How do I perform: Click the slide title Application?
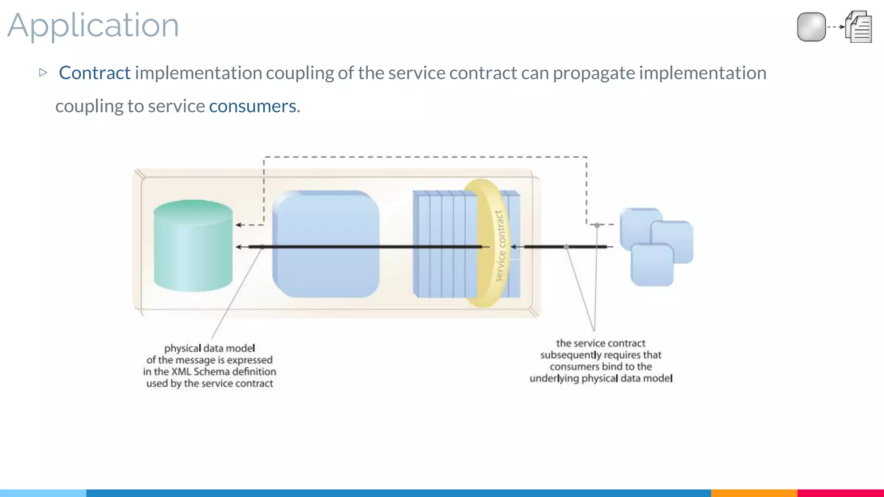[x=93, y=26]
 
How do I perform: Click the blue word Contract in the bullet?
[x=95, y=73]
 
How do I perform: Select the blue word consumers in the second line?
[x=253, y=106]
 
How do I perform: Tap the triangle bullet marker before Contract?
[x=43, y=72]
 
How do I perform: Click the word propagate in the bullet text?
[x=594, y=73]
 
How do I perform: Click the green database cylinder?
[x=193, y=246]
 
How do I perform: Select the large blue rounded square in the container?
[x=326, y=244]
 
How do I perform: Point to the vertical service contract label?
[x=499, y=246]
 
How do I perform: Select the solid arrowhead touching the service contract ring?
[x=514, y=247]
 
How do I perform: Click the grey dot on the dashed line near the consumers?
[x=597, y=225]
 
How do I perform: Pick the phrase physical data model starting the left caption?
[x=209, y=348]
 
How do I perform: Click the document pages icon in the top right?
[x=859, y=27]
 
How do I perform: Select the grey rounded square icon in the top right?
[x=811, y=27]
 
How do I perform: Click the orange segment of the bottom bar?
[x=754, y=493]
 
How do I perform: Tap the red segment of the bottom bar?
[x=840, y=493]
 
